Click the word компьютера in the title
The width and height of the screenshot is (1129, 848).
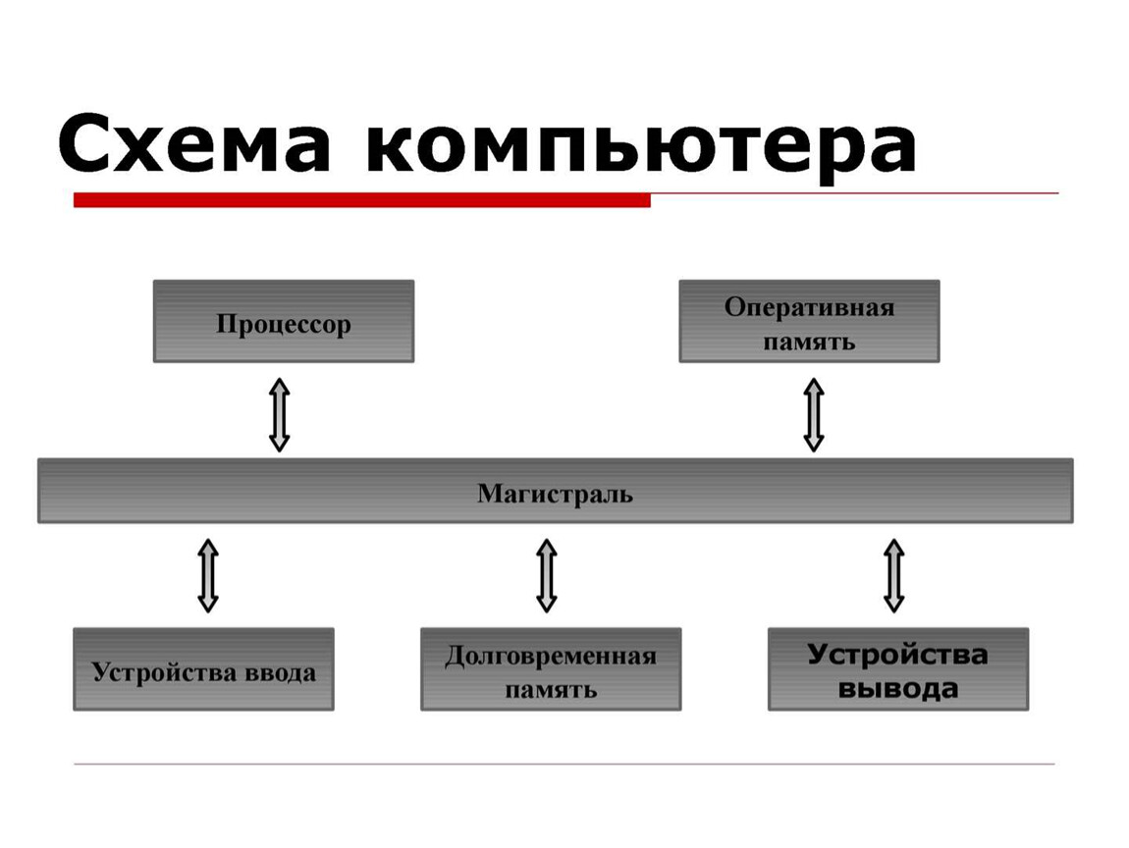click(641, 147)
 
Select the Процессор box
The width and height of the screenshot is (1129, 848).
click(284, 321)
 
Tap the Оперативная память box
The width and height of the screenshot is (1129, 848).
click(809, 321)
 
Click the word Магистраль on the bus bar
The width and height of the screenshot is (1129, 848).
click(555, 495)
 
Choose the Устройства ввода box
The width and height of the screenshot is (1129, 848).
click(204, 669)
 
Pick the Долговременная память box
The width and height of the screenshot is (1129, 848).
click(551, 669)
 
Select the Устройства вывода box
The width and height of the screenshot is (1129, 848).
click(898, 669)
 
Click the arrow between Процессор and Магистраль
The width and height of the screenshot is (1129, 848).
click(280, 414)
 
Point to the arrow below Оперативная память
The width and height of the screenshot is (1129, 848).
click(814, 414)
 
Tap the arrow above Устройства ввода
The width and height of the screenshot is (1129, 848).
click(208, 576)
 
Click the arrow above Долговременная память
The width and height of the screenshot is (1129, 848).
click(547, 576)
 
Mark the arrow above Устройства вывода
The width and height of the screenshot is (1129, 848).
click(893, 576)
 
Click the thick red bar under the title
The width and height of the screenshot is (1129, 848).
click(362, 200)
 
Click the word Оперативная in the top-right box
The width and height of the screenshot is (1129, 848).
click(809, 307)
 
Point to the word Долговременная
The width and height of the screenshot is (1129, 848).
click(551, 656)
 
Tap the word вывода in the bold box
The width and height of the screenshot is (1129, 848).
click(898, 689)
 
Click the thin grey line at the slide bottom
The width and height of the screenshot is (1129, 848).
click(564, 764)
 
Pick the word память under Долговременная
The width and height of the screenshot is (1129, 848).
click(551, 690)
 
